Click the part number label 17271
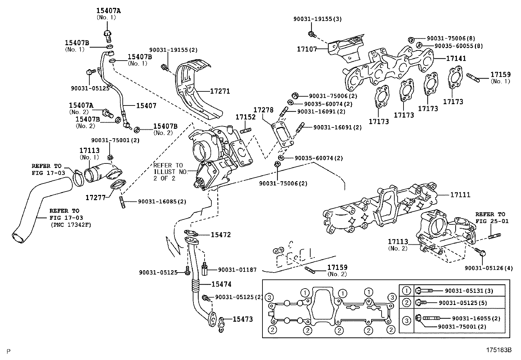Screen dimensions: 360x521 tap(220, 91)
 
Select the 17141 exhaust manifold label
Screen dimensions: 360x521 tap(456, 58)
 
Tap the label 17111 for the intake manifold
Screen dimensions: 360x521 tap(460, 195)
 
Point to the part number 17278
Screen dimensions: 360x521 tap(263, 110)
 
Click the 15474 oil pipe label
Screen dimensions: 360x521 tap(221, 284)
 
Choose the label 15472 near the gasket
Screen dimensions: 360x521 tap(221, 235)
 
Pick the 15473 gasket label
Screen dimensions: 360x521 tap(243, 319)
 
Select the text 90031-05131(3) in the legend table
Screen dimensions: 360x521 tap(469, 291)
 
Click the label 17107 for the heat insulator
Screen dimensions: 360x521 tap(307, 49)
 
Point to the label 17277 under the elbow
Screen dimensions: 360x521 tap(95, 198)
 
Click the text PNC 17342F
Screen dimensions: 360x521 tap(71, 225)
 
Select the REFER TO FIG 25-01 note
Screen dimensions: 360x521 tap(492, 218)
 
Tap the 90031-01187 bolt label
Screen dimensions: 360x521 tap(237, 270)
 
